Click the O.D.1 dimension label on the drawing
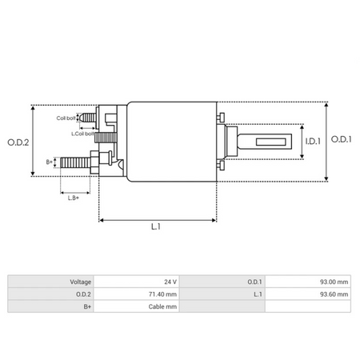(x=342, y=140)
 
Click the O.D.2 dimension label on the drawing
(x=18, y=142)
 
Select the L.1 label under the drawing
(x=156, y=227)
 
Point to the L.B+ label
(x=73, y=197)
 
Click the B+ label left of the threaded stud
(x=50, y=162)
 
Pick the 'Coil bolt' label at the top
(x=66, y=118)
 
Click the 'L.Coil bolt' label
(x=84, y=134)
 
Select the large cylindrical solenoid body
(x=172, y=142)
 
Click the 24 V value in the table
(x=169, y=282)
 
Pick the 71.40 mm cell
(x=165, y=294)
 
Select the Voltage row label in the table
(x=81, y=282)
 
